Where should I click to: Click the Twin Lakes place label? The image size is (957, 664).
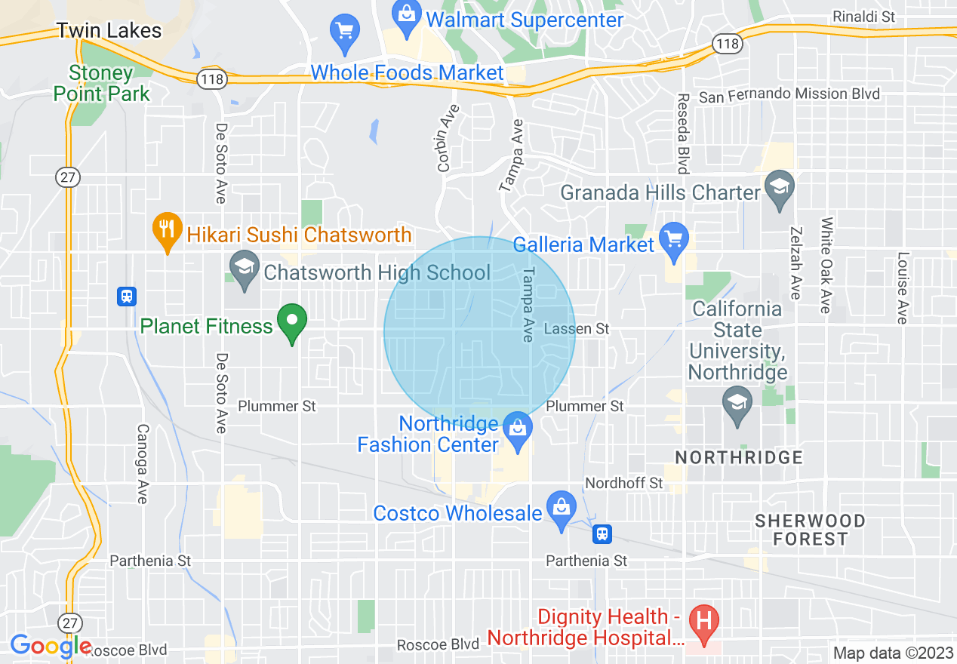pos(109,30)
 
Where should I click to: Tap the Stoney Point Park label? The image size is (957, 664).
pos(109,83)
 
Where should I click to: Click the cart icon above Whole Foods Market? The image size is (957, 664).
pos(346,33)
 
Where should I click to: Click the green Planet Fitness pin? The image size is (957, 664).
pos(292,322)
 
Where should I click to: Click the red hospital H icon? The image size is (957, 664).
pos(705,623)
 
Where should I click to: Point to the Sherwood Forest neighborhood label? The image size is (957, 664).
pos(811,530)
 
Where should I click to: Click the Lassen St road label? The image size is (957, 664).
pos(576,329)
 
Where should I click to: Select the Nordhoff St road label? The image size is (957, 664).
pos(624,482)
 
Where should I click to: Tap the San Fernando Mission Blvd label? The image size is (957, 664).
pos(789,94)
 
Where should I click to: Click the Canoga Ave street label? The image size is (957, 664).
pos(142,463)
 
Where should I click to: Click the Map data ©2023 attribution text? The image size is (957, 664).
pos(893,653)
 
